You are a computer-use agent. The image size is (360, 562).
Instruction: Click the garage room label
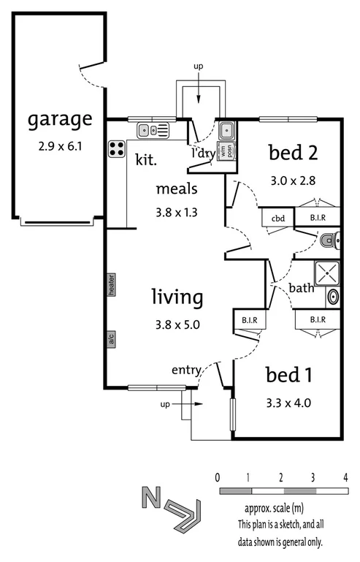pos(60,119)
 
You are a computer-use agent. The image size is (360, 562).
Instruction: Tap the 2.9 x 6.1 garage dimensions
pos(60,146)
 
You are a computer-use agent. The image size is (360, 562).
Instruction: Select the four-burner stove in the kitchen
pos(117,149)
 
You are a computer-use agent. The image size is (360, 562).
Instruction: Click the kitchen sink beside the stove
pos(153,131)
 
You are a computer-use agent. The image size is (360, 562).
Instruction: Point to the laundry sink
pos(227,131)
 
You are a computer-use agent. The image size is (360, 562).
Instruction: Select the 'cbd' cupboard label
pos(277,218)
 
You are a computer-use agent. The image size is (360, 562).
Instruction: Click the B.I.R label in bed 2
pos(318,218)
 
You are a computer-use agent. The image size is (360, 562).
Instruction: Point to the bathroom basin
pos(333,297)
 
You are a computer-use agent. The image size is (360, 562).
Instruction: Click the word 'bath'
pos(301,288)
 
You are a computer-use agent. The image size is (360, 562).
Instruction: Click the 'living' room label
pos(176,297)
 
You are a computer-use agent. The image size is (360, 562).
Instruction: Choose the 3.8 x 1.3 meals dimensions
pos(177,213)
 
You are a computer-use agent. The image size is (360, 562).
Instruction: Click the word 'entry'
pos(186,370)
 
